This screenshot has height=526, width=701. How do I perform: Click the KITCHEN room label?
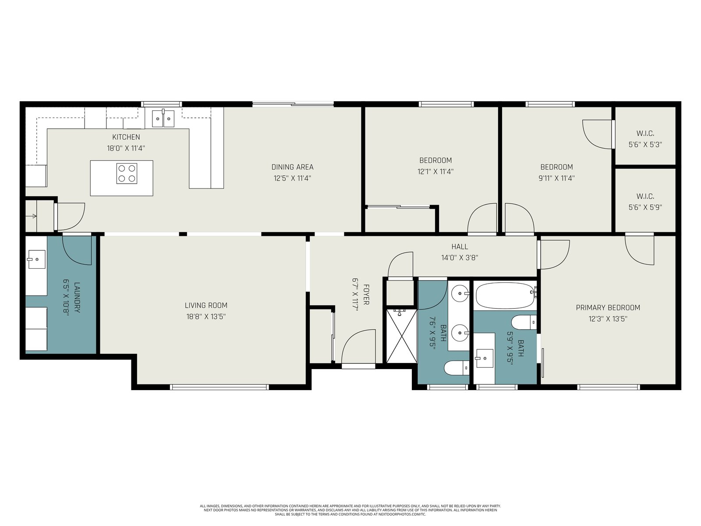(x=126, y=137)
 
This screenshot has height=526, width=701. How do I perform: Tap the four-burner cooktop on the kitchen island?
(x=127, y=174)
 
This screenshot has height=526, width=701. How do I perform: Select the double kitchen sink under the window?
(x=163, y=118)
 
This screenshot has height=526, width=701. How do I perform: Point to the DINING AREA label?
(x=292, y=167)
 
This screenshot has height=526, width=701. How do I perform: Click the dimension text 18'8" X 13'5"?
(x=206, y=316)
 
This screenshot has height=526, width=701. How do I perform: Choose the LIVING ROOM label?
(x=206, y=306)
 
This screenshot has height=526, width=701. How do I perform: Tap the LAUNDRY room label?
(x=77, y=297)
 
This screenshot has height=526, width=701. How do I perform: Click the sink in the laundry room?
(x=37, y=259)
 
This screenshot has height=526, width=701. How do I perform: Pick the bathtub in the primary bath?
(x=505, y=295)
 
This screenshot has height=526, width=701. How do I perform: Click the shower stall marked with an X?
(x=401, y=336)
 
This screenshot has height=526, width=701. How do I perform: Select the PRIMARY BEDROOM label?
(x=608, y=308)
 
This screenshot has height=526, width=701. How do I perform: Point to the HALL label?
(x=460, y=246)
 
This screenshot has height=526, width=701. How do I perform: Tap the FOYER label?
(x=366, y=295)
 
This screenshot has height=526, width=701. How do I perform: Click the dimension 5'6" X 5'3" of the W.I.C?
(x=645, y=144)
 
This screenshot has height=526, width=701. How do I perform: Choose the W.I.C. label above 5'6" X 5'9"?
(x=645, y=196)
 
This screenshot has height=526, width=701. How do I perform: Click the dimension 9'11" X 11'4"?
(x=556, y=178)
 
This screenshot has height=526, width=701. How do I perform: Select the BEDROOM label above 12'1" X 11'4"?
(x=435, y=160)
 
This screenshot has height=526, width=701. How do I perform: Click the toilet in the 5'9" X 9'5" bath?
(x=524, y=322)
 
